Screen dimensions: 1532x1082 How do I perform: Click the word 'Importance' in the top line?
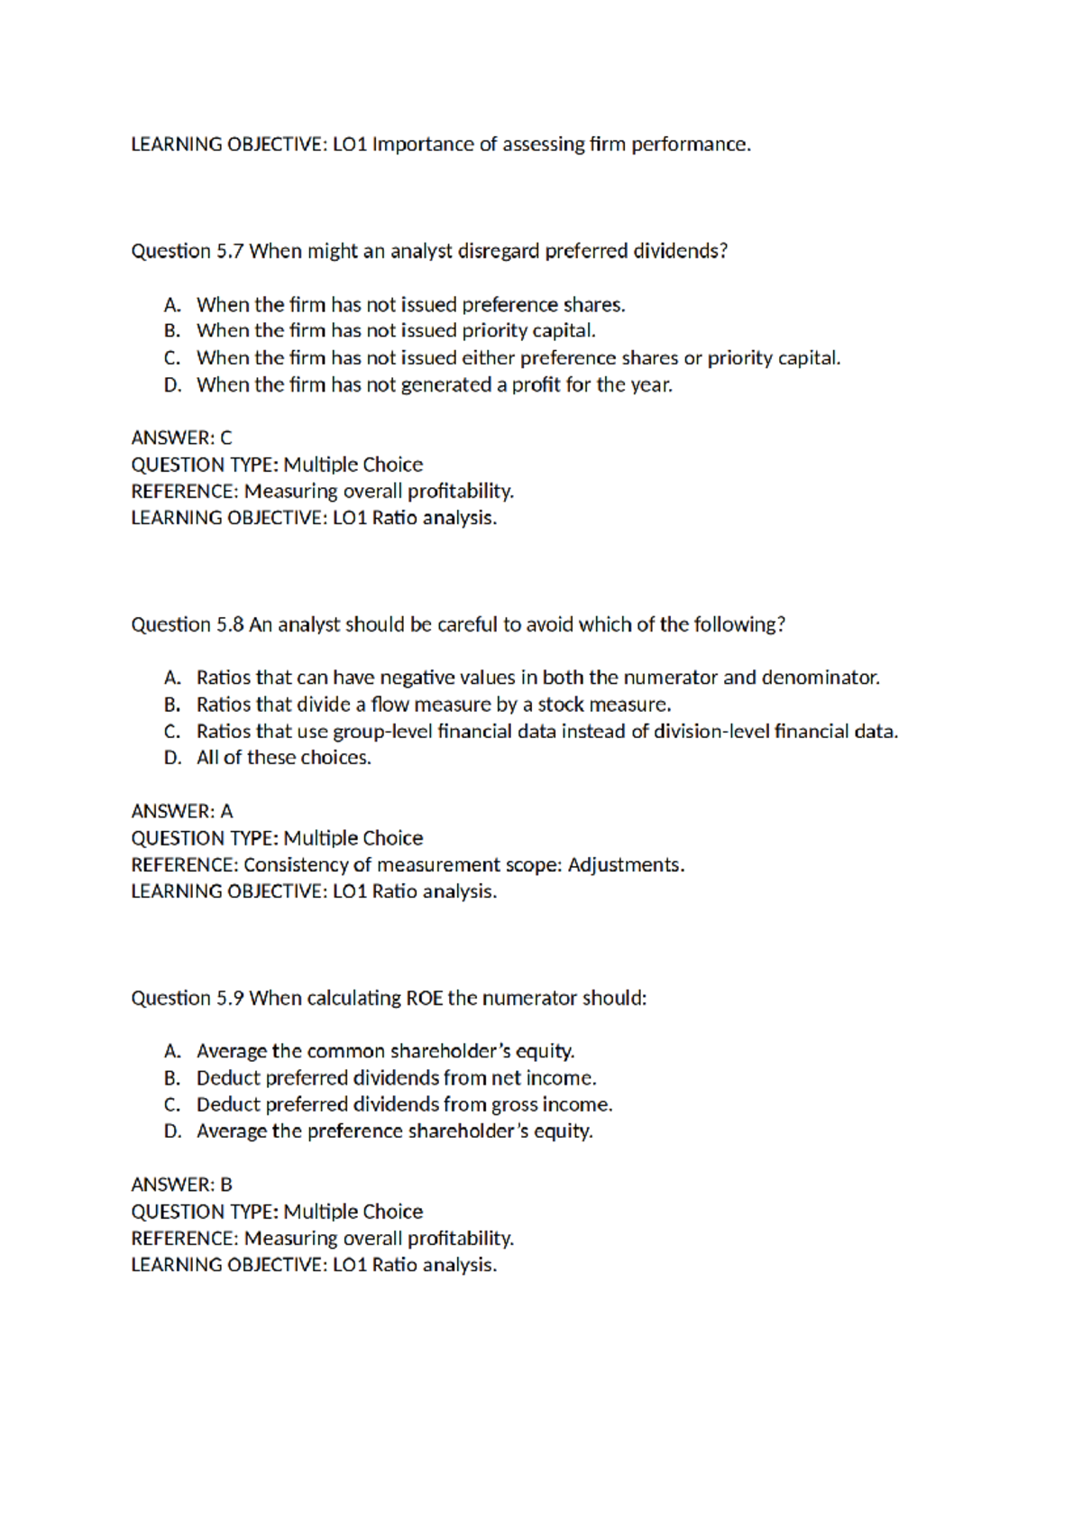tap(422, 144)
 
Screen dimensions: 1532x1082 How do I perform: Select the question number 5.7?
tap(230, 251)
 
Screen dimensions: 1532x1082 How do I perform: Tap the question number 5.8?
tap(230, 624)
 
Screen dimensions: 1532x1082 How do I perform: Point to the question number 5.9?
tap(230, 998)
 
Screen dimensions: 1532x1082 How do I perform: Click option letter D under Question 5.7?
tap(172, 385)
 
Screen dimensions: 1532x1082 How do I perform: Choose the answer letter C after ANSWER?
tap(225, 438)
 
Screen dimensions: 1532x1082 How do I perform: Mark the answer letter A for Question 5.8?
tap(225, 812)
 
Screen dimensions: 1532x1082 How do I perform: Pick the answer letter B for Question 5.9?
tap(225, 1185)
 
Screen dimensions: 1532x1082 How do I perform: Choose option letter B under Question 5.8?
tap(172, 705)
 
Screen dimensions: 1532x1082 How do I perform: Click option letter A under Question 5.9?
tap(172, 1051)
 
